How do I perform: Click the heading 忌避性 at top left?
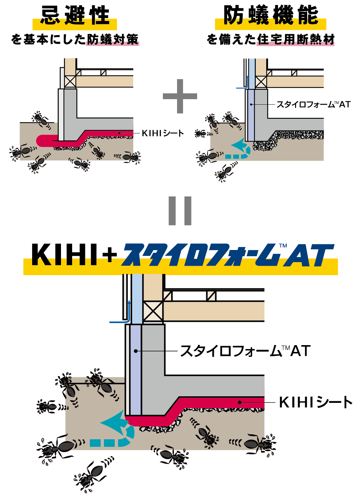pos(75,16)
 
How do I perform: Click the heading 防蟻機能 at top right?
pos(270,16)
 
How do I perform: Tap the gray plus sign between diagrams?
pos(180,96)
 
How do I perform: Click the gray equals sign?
pos(180,211)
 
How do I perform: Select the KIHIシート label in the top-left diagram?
pos(163,133)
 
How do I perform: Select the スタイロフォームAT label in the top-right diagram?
pos(313,105)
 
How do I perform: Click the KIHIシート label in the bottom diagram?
pos(315,402)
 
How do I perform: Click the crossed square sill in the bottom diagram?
pos(153,312)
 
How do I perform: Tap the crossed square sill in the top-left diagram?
pos(70,82)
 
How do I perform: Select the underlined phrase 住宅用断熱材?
pos(295,40)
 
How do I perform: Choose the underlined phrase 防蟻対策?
pos(112,40)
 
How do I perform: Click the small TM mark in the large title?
pos(283,246)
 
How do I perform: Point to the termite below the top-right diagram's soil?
pos(225,172)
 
